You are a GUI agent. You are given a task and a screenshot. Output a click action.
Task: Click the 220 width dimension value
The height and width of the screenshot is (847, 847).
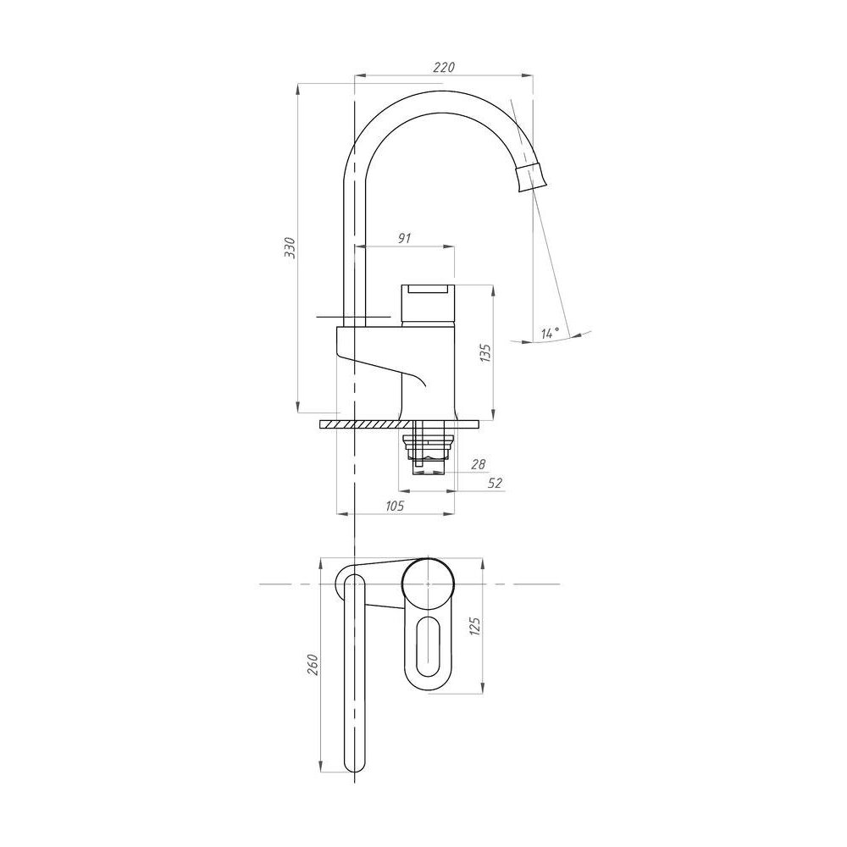[444, 67]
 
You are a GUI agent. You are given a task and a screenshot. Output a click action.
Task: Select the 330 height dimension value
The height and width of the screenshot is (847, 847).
[290, 247]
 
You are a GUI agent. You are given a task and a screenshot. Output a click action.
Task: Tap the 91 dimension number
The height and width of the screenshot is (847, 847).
[405, 238]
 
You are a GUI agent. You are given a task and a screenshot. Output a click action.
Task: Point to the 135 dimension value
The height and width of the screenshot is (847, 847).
[485, 352]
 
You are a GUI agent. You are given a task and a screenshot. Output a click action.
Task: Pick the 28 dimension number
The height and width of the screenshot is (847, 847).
[478, 463]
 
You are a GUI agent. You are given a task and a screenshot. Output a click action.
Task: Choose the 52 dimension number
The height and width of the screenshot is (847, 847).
[495, 483]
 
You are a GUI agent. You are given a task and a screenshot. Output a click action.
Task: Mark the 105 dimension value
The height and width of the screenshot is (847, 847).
[395, 506]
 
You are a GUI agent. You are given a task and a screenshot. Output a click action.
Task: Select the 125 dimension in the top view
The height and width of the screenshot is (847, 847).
[475, 626]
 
